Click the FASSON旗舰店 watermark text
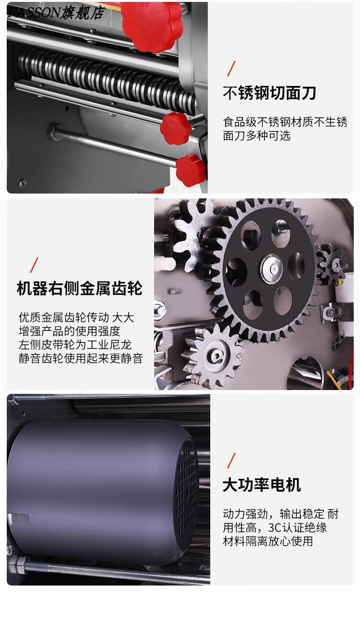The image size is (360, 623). click(x=56, y=13)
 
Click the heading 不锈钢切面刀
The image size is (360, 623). click(x=269, y=93)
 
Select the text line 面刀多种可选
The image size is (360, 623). click(x=257, y=136)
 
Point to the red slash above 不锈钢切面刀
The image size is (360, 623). click(x=231, y=69)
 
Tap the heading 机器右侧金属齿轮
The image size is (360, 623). click(x=80, y=288)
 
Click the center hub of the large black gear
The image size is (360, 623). click(x=271, y=269)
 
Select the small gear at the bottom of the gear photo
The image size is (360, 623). click(x=212, y=355)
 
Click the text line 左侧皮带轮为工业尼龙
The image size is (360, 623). click(x=75, y=344)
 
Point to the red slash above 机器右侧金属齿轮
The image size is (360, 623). click(x=34, y=265)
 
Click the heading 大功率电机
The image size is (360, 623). click(x=262, y=485)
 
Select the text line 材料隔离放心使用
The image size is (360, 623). click(x=268, y=541)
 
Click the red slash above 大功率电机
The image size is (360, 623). click(x=231, y=461)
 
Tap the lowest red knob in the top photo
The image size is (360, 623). click(x=191, y=170)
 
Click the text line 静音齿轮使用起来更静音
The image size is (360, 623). click(x=81, y=358)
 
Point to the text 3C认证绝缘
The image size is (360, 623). click(x=298, y=527)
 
